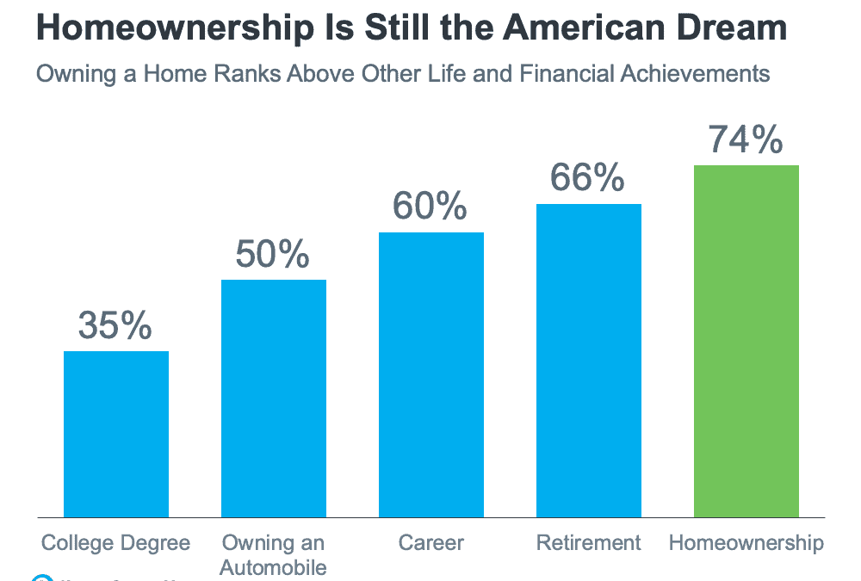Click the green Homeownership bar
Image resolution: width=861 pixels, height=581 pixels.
pos(746,341)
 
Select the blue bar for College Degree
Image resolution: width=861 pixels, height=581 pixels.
pos(116,434)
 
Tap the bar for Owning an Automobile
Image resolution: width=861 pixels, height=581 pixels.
pos(274,398)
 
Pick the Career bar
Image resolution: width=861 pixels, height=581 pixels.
pos(431,374)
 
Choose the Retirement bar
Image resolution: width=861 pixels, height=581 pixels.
pos(589,360)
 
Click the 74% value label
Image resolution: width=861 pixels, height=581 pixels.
pos(746,140)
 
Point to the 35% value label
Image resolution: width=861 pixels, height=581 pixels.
pos(115,326)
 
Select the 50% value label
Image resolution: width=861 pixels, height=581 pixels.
pos(273,255)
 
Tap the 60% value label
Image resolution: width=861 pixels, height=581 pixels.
pos(430,207)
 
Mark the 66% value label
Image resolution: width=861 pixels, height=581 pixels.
pos(588,179)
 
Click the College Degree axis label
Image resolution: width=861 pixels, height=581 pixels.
pos(116,543)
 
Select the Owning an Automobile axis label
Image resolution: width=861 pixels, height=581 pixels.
pos(274,555)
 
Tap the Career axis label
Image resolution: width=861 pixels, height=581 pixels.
pos(431,543)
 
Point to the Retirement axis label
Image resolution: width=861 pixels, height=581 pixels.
pos(589,543)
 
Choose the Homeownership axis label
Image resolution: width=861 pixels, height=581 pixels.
pos(746,543)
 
